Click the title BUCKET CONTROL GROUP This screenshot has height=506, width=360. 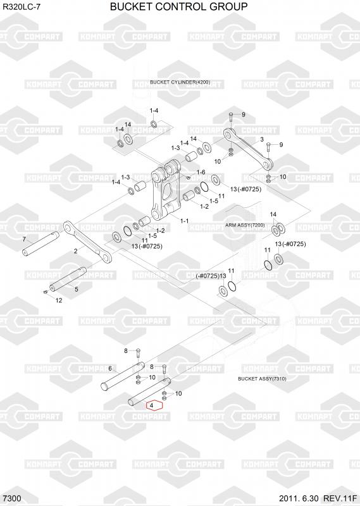179,6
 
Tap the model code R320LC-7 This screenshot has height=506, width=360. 22,7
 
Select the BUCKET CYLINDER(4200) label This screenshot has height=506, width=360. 180,82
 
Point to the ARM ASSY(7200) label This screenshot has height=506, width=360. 245,225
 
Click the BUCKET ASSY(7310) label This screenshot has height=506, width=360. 262,378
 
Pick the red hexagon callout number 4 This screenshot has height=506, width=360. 154,405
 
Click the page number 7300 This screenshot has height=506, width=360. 11,498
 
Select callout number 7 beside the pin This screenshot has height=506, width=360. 24,240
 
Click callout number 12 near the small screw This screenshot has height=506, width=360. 59,300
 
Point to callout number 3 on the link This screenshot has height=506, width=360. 262,139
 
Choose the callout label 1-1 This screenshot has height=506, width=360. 184,221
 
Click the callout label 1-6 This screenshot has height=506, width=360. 201,173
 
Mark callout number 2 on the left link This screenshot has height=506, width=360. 75,251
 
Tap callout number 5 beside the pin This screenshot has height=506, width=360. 77,289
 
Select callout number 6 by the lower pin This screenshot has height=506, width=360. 110,369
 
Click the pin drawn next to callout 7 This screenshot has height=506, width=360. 40,244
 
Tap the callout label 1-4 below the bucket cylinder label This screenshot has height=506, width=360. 154,111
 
